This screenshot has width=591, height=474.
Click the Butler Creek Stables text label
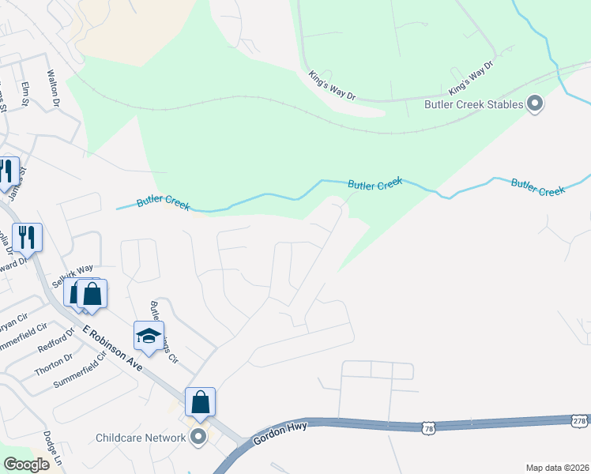[473, 104]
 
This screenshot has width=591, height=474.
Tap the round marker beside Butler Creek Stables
[535, 104]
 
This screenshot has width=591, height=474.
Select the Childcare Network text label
[140, 438]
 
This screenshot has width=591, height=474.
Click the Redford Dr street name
[55, 342]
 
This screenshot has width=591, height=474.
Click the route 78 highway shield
[428, 427]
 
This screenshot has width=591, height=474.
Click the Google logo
[26, 465]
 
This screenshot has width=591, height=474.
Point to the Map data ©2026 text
[556, 468]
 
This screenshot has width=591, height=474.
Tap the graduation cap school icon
[149, 337]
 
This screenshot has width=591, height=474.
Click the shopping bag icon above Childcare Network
[201, 402]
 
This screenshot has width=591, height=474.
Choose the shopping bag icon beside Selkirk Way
[92, 294]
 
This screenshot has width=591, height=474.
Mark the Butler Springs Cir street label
[163, 333]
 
